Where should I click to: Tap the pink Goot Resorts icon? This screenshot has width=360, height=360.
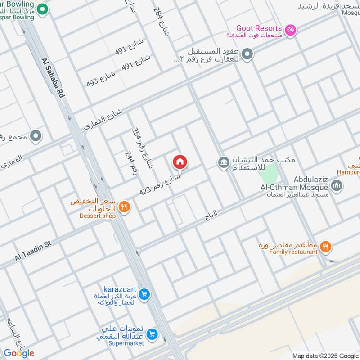[x=291, y=29]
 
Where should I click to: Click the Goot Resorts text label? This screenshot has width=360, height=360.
[x=260, y=28]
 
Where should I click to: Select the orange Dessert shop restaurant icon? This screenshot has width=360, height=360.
[x=125, y=207]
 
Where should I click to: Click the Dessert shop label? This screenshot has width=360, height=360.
[x=98, y=216]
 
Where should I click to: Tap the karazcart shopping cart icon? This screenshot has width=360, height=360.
[x=144, y=294]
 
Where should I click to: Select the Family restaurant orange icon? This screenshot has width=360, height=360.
[x=326, y=246]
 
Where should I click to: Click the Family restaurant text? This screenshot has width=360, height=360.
[x=293, y=252]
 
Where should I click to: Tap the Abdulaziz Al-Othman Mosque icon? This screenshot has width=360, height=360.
[x=337, y=185]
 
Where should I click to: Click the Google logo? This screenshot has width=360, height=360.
[x=19, y=353]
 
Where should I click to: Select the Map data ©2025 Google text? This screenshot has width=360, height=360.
[x=324, y=355]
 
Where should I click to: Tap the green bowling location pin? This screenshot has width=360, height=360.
[x=42, y=9]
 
